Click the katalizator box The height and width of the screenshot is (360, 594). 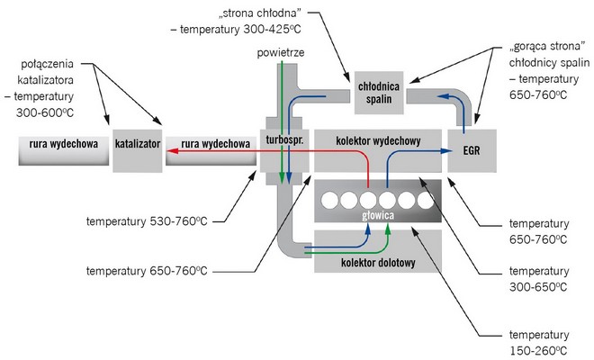137,144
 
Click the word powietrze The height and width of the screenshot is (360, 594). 280,53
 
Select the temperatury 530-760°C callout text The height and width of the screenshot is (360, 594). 148,220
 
